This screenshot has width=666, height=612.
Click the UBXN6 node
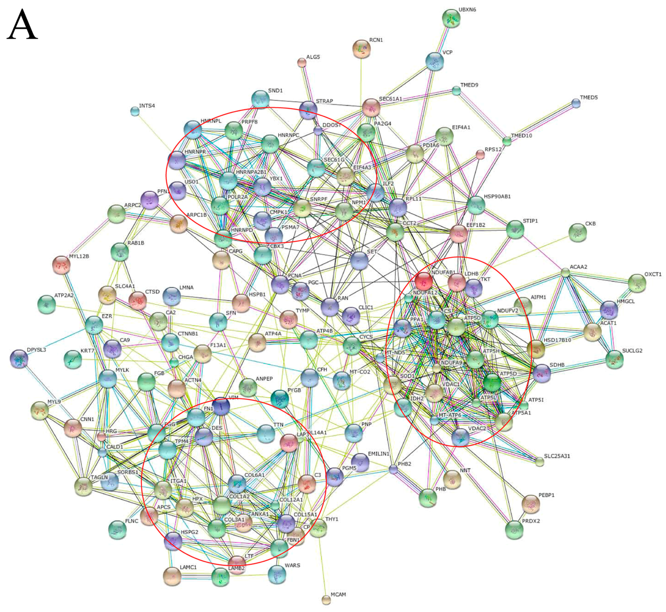(x=451, y=19)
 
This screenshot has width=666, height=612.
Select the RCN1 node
(x=361, y=49)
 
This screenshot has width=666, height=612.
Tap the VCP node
(x=434, y=61)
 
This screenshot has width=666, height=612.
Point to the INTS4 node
(x=135, y=111)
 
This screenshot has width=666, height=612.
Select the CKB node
(x=578, y=232)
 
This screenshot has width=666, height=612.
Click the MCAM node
(x=326, y=600)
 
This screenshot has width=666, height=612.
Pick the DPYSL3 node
(x=19, y=359)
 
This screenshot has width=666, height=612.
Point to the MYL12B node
(x=61, y=265)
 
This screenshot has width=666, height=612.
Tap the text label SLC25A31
(x=557, y=456)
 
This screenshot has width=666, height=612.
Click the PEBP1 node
(x=530, y=504)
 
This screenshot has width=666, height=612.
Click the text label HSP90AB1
(x=497, y=196)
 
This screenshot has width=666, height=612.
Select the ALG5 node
(x=302, y=62)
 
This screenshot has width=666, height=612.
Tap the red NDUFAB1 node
(x=423, y=281)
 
